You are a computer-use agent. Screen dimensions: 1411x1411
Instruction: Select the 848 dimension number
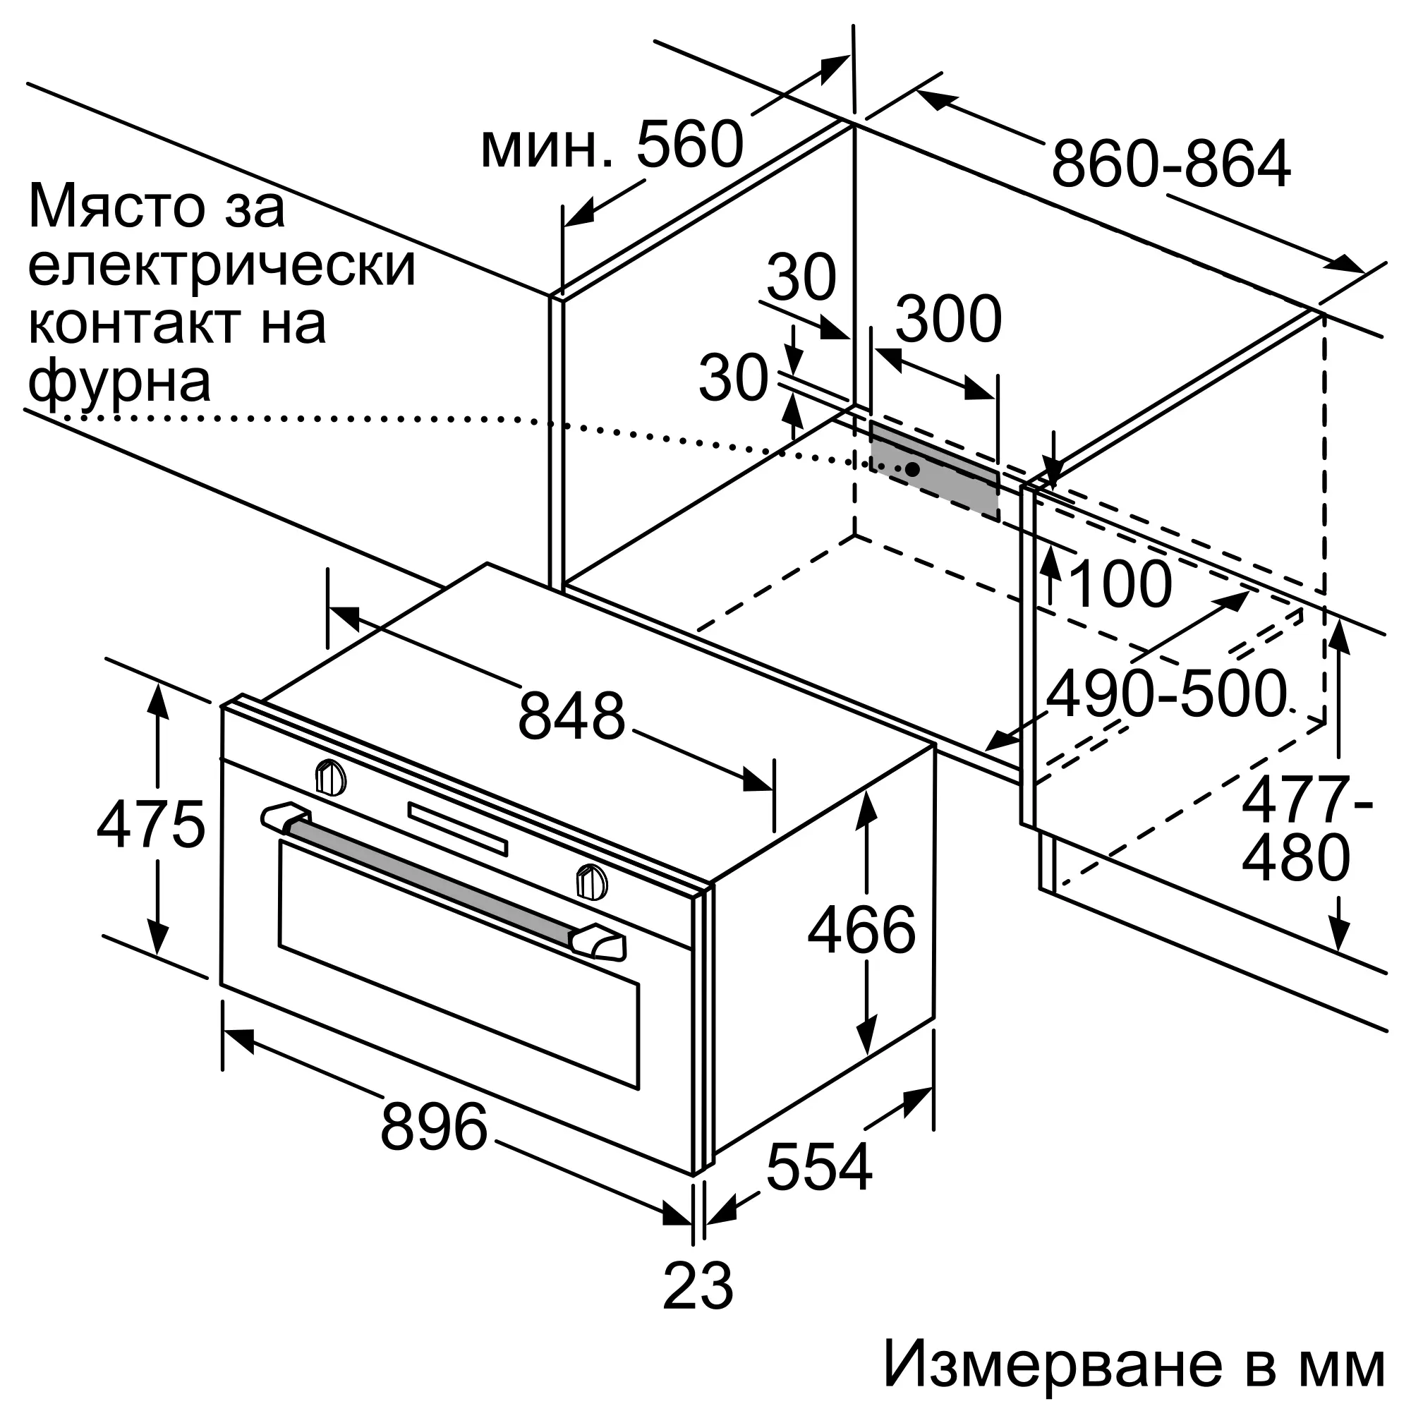(572, 715)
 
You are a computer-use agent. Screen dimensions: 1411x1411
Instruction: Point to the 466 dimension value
(862, 929)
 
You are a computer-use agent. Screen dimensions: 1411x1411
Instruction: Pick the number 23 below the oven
(698, 1285)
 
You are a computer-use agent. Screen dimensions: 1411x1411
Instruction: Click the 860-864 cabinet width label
(1170, 164)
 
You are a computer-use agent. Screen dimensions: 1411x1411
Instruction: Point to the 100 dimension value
(1120, 584)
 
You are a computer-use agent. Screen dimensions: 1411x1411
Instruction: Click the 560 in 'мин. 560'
(690, 144)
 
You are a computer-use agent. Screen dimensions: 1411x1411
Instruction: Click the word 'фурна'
(119, 382)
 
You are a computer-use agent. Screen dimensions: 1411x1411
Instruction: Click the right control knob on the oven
(592, 880)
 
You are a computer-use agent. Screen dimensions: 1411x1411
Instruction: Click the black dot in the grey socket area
(912, 469)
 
